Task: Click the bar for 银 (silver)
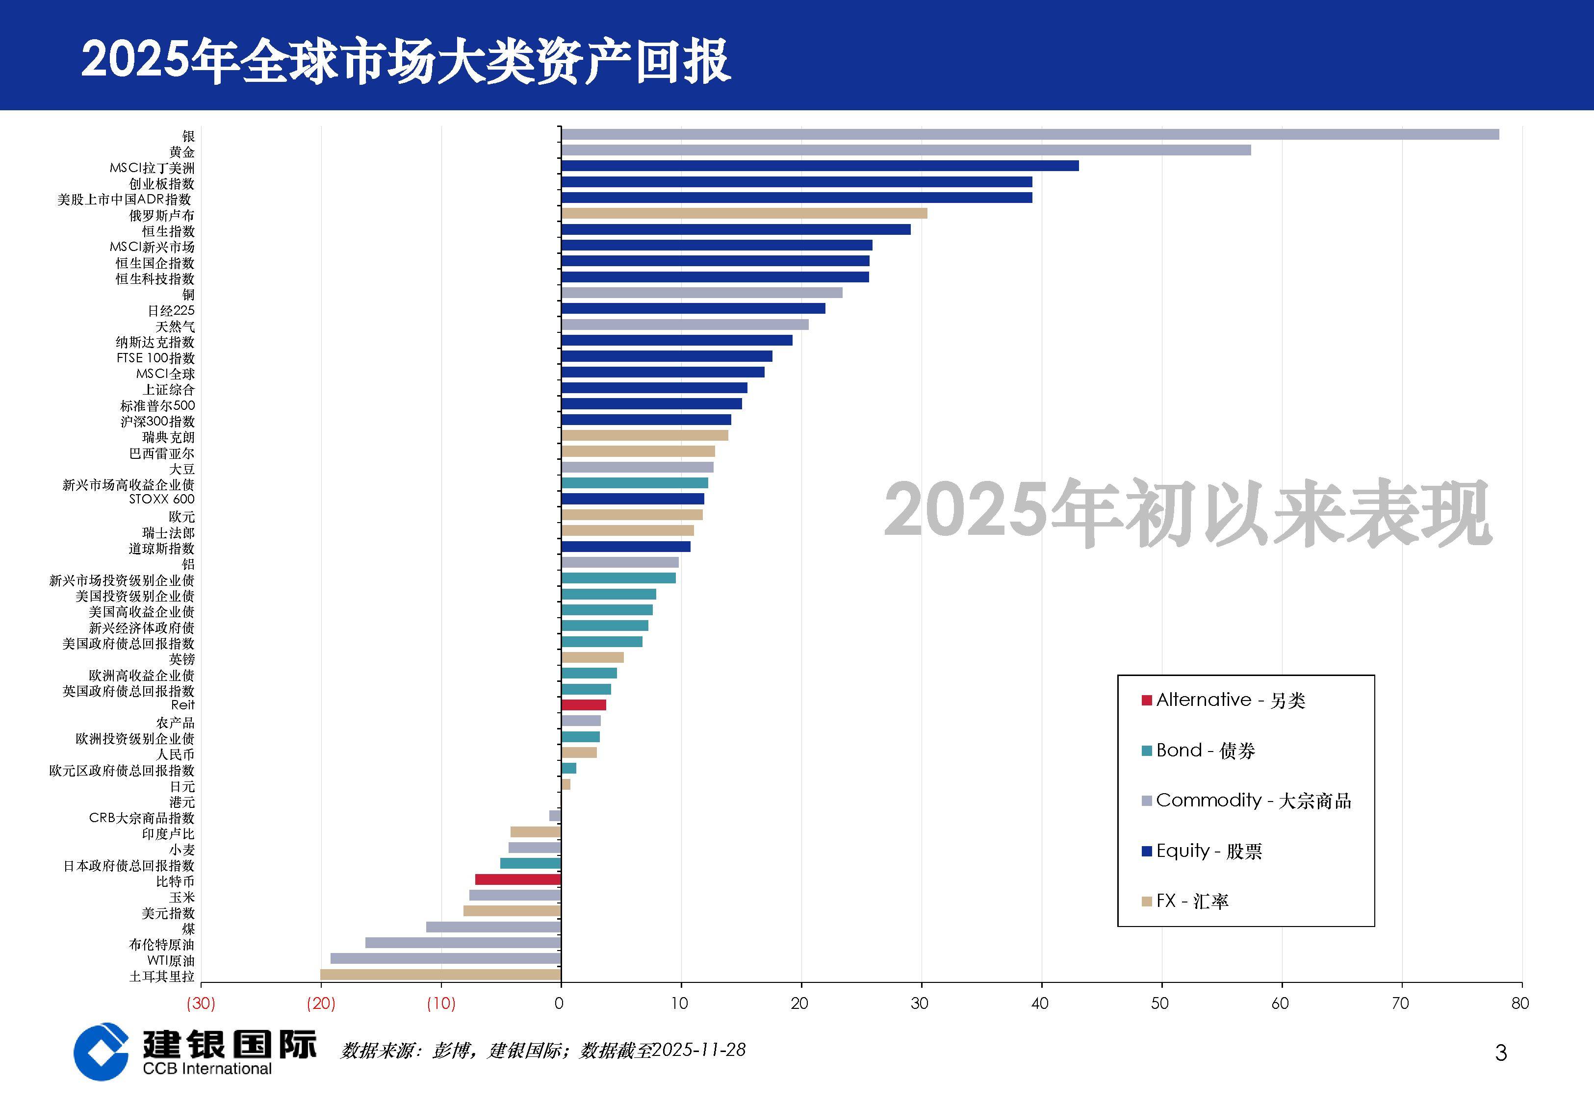tap(1030, 134)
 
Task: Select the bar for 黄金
tap(905, 150)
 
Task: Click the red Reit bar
tap(584, 705)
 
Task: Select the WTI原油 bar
tap(445, 958)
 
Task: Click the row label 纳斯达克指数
tap(155, 342)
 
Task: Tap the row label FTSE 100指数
tap(155, 358)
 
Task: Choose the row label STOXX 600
tap(162, 499)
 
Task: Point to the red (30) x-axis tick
tap(201, 1003)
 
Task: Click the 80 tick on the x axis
tap(1520, 1003)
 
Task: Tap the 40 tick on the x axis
tap(1040, 1003)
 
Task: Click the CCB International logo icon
tap(101, 1051)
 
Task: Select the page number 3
tap(1501, 1053)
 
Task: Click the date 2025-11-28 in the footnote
tap(698, 1050)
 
